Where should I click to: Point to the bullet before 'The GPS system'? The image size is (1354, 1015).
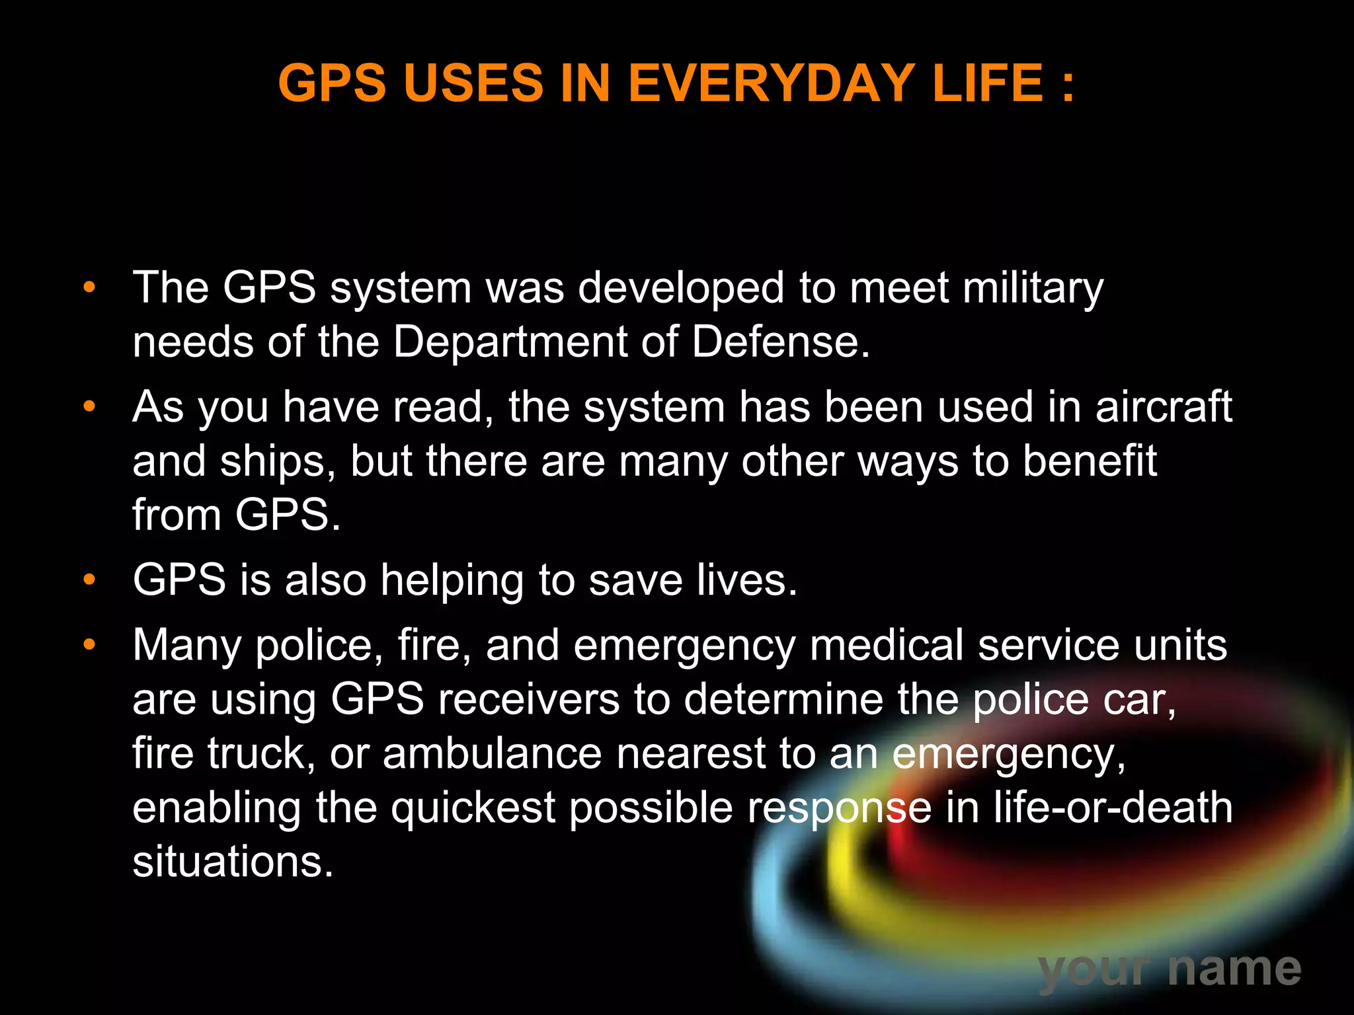click(89, 288)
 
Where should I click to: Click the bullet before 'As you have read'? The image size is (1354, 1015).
click(89, 406)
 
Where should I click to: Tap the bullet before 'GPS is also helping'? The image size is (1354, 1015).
click(89, 580)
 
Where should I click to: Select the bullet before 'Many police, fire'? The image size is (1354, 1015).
click(89, 644)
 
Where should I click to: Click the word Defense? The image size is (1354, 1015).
click(780, 342)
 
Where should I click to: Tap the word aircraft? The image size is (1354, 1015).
click(1164, 406)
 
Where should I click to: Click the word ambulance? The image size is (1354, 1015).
click(492, 753)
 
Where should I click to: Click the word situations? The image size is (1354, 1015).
click(233, 862)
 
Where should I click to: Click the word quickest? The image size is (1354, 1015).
click(473, 808)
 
